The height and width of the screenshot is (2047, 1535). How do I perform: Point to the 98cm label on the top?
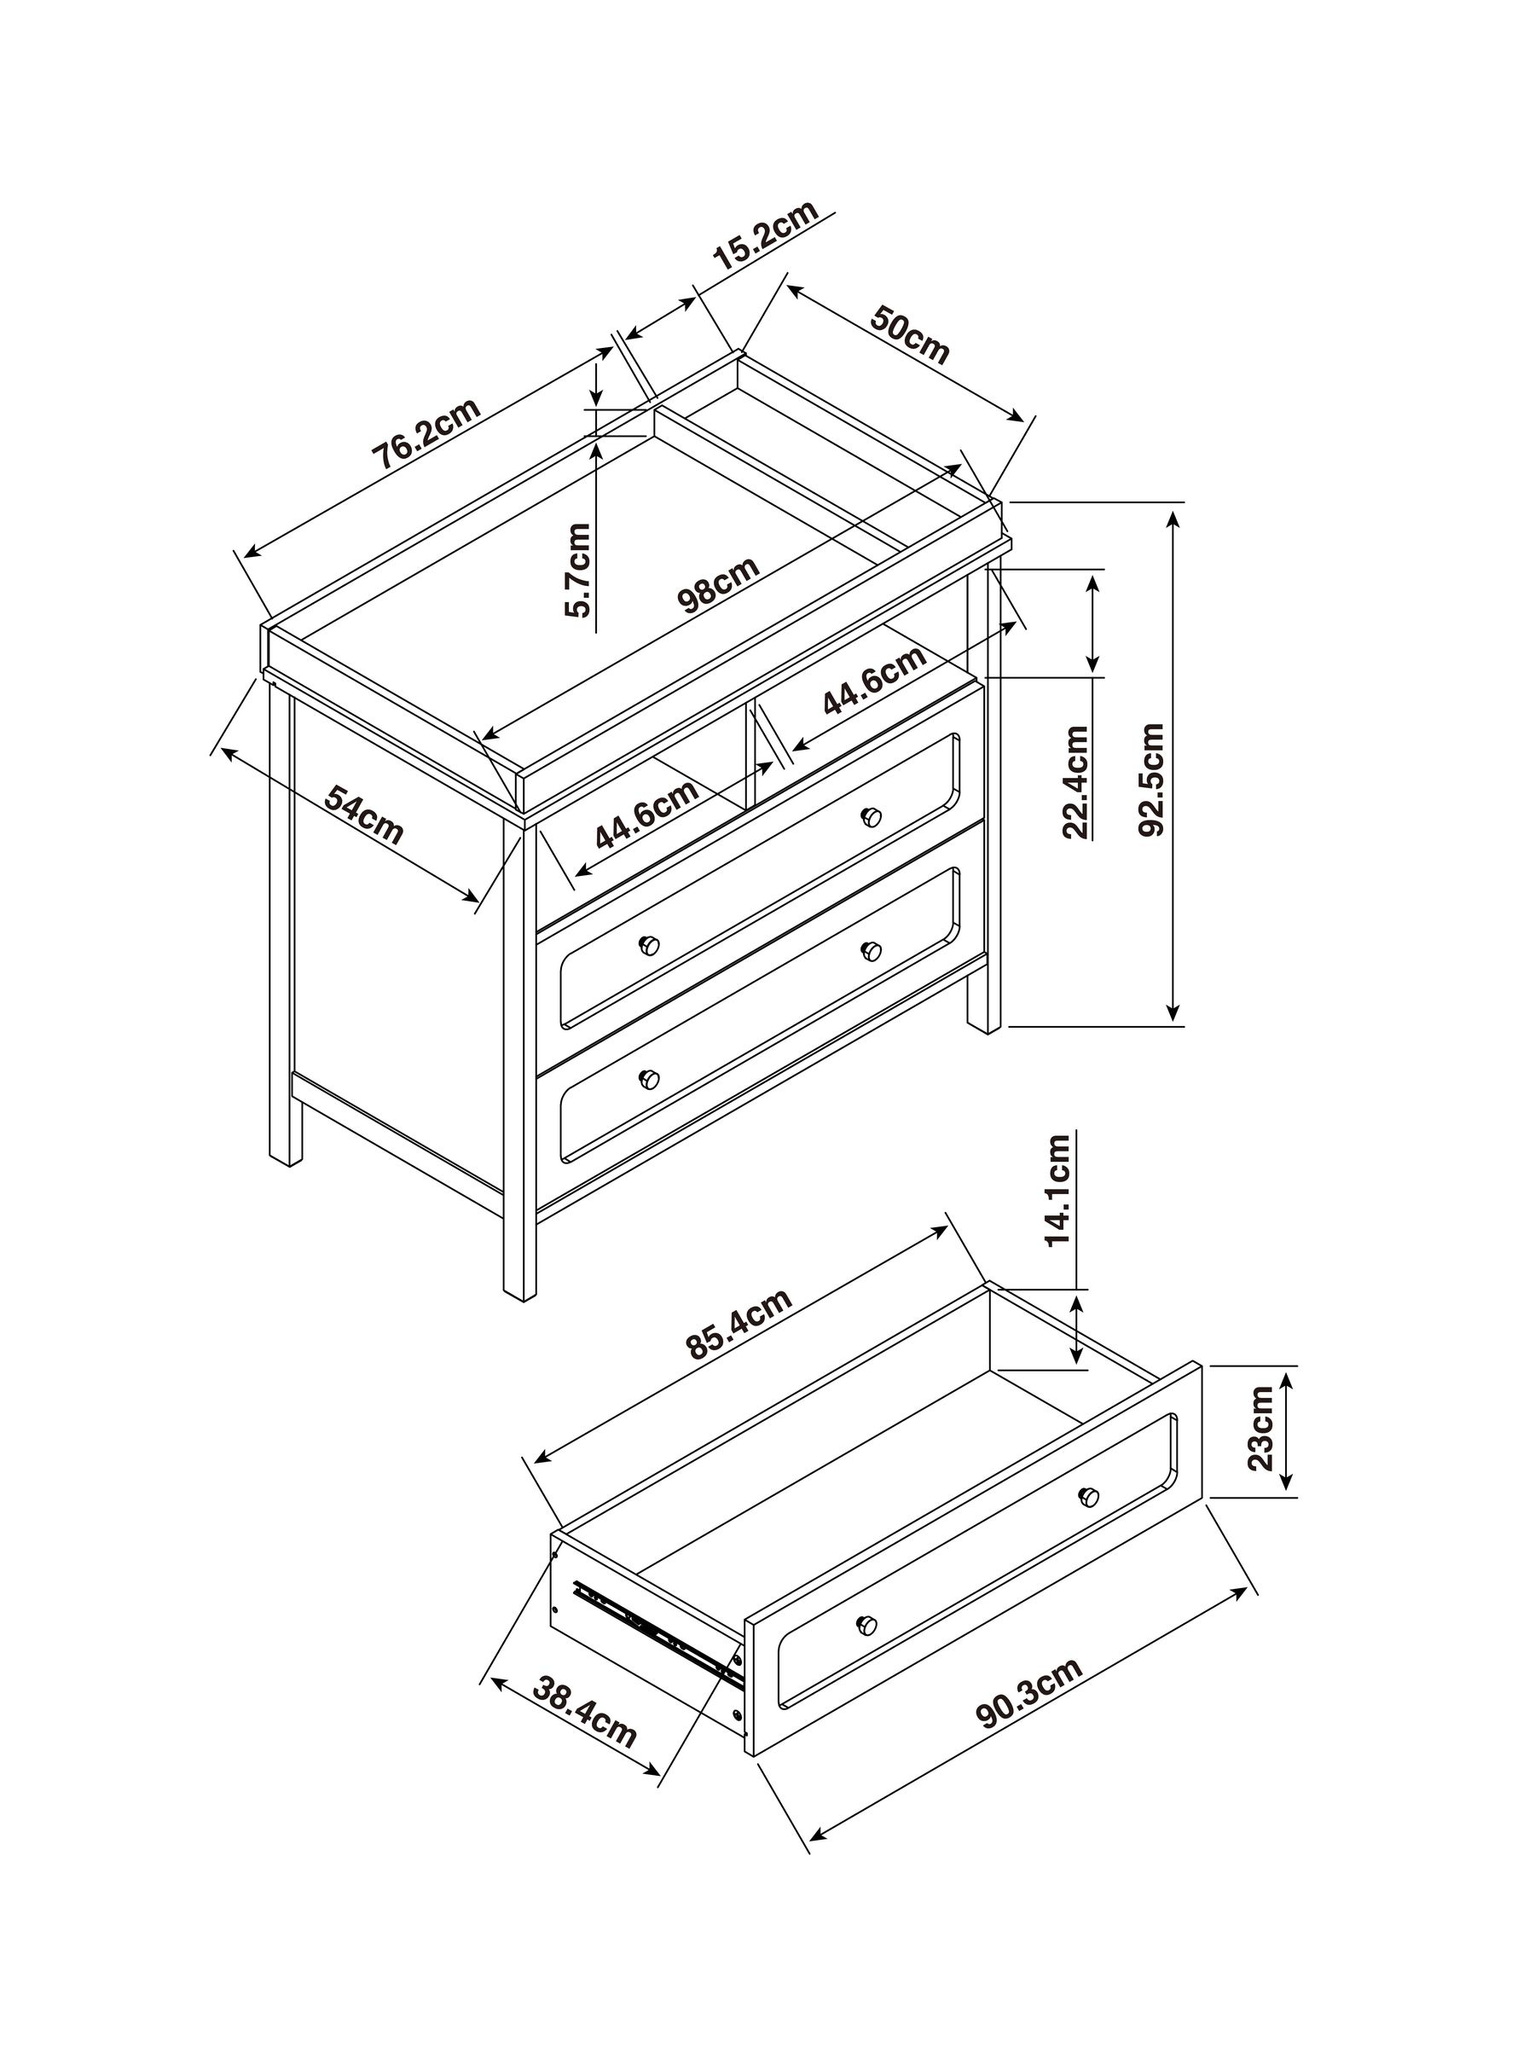[719, 585]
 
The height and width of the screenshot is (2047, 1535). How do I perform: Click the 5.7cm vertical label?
[577, 570]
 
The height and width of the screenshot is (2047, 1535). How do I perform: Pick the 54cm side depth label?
[364, 815]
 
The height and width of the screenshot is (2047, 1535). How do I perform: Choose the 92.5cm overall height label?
[1151, 780]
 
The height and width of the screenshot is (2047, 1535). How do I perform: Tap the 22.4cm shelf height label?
[1076, 783]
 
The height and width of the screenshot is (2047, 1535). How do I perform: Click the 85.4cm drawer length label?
[739, 1324]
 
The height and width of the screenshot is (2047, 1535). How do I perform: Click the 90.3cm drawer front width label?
[1029, 1694]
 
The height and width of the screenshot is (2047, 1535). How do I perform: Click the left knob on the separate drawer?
[867, 1624]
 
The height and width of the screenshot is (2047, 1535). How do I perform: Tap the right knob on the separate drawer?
[1089, 1496]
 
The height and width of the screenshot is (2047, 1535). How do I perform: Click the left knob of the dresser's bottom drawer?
[650, 1079]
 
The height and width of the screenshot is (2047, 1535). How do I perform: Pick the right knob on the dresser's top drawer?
[871, 817]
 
